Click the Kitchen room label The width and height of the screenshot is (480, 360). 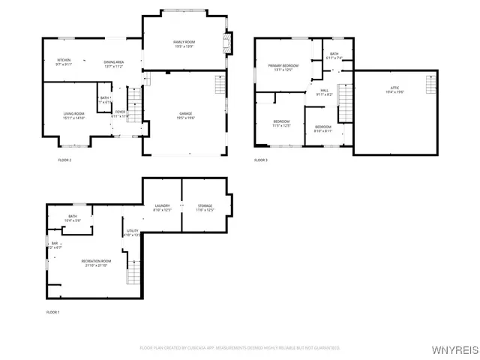pyautogui.click(x=64, y=61)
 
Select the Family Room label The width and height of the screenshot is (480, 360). pyautogui.click(x=184, y=42)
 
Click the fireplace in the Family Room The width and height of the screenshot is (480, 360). pyautogui.click(x=229, y=42)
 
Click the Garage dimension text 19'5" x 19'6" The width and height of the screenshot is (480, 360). pyautogui.click(x=184, y=118)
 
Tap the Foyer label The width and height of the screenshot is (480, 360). pyautogui.click(x=120, y=113)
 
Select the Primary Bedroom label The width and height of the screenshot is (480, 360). pyautogui.click(x=283, y=66)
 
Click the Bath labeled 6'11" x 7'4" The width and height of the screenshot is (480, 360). pyautogui.click(x=334, y=54)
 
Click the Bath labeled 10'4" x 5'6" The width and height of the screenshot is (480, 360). pyautogui.click(x=72, y=218)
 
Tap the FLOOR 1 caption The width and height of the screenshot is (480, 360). pyautogui.click(x=52, y=311)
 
